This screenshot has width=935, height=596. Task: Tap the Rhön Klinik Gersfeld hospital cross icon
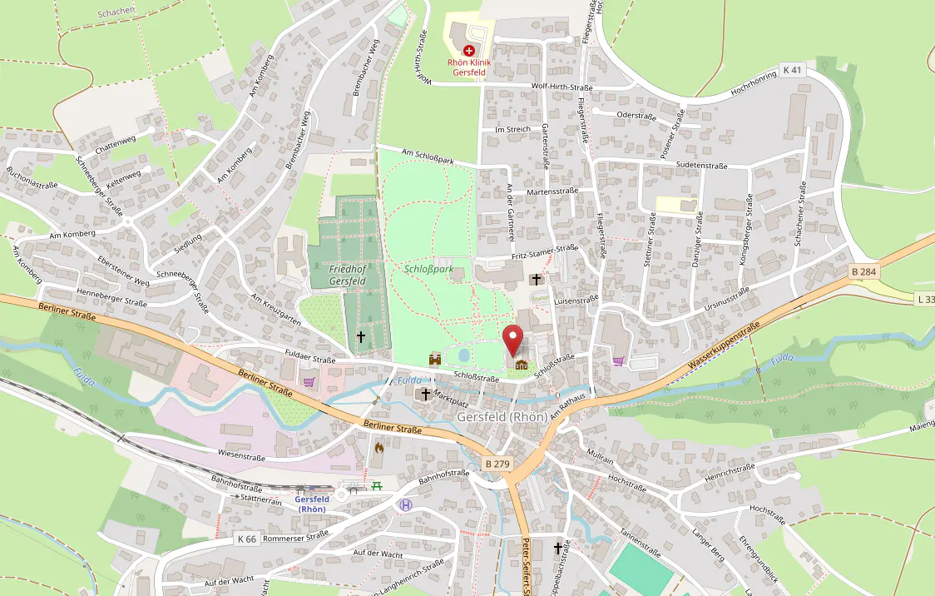pyautogui.click(x=469, y=51)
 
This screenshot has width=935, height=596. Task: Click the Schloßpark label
pyautogui.click(x=428, y=270)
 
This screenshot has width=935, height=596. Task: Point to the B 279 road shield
pyautogui.click(x=497, y=463)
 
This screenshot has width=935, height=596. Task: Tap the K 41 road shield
pyautogui.click(x=793, y=71)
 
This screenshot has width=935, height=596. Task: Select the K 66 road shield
pyautogui.click(x=246, y=539)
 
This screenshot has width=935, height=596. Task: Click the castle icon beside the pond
pyautogui.click(x=435, y=358)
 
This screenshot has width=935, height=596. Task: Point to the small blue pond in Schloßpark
pyautogui.click(x=463, y=356)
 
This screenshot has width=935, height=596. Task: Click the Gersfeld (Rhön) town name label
pyautogui.click(x=502, y=416)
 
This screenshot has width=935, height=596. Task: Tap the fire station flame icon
pyautogui.click(x=379, y=448)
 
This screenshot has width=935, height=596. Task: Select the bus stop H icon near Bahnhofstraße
pyautogui.click(x=405, y=504)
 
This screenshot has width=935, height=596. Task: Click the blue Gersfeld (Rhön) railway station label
pyautogui.click(x=313, y=504)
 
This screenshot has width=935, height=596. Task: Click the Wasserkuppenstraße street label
pyautogui.click(x=725, y=346)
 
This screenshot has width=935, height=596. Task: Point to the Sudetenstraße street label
pyautogui.click(x=702, y=166)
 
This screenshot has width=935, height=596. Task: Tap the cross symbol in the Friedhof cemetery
pyautogui.click(x=361, y=336)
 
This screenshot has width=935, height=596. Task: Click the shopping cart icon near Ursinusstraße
pyautogui.click(x=618, y=361)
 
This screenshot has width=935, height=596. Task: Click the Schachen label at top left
pyautogui.click(x=116, y=12)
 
